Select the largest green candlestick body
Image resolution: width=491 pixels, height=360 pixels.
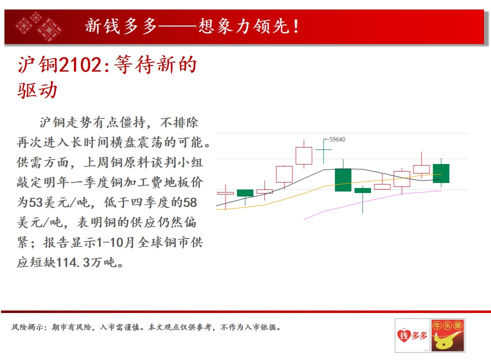(343, 180)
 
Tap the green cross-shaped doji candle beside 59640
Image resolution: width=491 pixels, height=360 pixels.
(323, 150)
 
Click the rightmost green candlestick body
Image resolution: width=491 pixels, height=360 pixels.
(441, 173)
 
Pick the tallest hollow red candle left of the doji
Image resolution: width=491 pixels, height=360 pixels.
(303, 155)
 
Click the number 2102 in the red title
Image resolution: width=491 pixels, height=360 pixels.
(80, 65)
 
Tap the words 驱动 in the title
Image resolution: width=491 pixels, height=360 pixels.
(37, 90)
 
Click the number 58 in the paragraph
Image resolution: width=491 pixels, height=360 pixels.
(190, 202)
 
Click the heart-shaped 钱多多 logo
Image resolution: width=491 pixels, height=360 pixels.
(412, 335)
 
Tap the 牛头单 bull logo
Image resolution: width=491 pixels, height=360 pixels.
(447, 335)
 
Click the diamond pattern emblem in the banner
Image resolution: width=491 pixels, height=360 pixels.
(38, 27)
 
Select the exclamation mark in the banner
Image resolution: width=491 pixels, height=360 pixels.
(296, 26)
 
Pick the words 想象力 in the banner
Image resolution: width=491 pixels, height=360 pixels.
(224, 26)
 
